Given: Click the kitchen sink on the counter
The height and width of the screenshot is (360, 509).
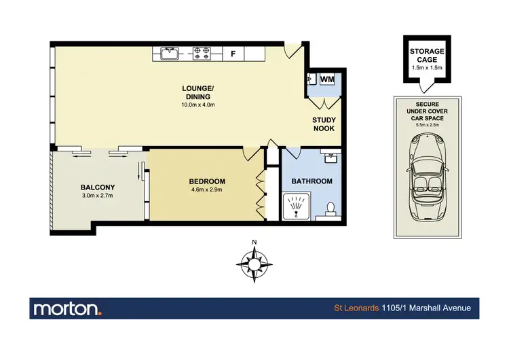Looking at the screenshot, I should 170,53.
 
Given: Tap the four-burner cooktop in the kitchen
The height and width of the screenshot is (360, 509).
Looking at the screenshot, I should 202,53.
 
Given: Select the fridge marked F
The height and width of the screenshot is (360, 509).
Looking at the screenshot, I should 233,53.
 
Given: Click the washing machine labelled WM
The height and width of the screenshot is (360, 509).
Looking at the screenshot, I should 326,79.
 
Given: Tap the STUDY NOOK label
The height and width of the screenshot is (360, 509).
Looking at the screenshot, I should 324,124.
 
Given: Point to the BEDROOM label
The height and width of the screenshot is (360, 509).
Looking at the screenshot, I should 207,181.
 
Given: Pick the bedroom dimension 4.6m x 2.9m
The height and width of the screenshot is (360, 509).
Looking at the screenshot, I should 207,190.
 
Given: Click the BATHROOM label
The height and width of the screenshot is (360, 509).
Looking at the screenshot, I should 312,181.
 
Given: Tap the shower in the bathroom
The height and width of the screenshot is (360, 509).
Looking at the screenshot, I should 296,205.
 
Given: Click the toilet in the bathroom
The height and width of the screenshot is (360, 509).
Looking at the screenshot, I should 330,209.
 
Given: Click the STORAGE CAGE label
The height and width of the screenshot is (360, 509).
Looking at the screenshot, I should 426,56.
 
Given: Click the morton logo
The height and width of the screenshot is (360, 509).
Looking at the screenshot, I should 67,308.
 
